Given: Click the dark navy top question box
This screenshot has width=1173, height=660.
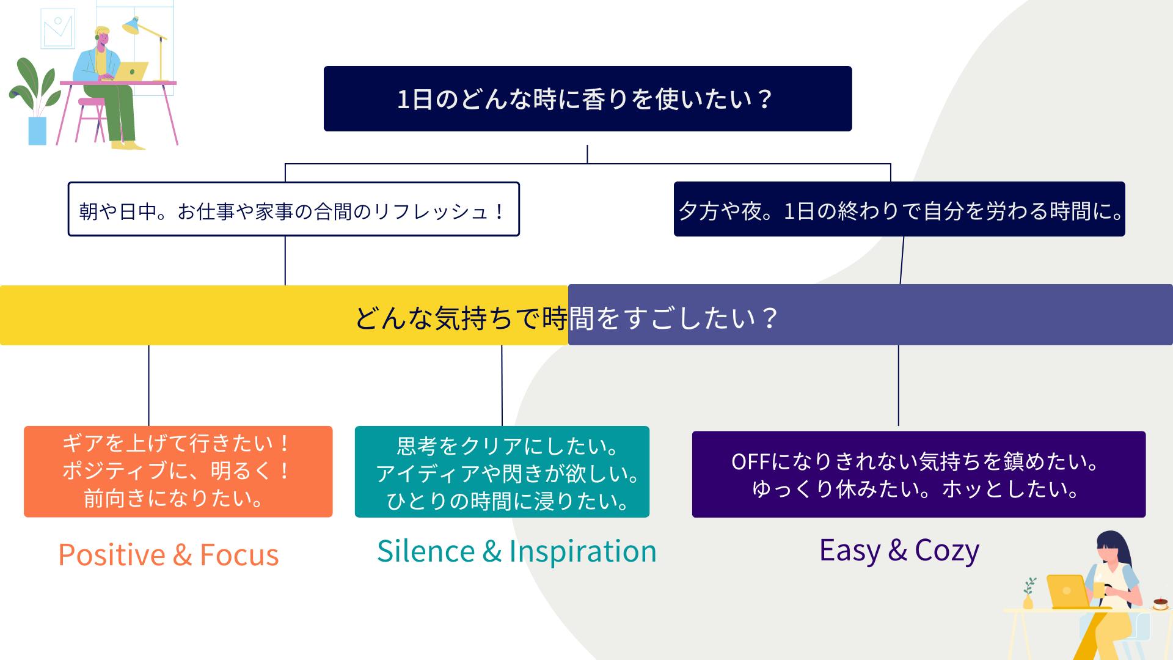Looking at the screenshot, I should (x=587, y=98).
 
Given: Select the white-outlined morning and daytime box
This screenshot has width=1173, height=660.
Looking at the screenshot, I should (x=293, y=209).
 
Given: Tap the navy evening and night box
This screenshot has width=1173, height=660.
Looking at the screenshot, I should (x=899, y=209).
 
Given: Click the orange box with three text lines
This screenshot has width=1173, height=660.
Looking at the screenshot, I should (x=178, y=471).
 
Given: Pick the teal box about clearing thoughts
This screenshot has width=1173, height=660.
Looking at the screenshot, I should (x=502, y=471).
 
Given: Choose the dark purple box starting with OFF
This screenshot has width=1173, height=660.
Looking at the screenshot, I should (x=918, y=474).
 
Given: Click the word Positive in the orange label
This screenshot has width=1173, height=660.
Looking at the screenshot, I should (x=111, y=555).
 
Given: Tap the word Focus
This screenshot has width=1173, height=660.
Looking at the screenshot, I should (x=239, y=555).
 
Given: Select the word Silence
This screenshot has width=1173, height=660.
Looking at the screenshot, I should (x=426, y=551).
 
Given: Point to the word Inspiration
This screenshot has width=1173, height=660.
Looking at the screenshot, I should (x=582, y=551).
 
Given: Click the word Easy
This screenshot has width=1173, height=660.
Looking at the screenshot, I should (x=849, y=550).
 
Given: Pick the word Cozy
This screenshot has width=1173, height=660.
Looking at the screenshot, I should (x=947, y=550).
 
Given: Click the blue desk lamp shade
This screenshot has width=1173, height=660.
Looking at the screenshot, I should (x=132, y=25).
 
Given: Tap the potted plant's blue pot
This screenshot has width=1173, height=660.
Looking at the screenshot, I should (x=37, y=131).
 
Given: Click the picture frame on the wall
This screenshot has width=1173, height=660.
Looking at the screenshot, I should (x=57, y=29).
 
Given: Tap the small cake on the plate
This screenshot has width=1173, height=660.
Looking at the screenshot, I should (x=1160, y=603).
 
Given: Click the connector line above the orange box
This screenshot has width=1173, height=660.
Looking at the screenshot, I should (x=148, y=385).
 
